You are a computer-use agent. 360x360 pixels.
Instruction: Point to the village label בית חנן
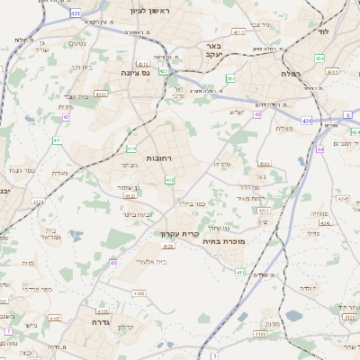pyautogui.click(x=81, y=67)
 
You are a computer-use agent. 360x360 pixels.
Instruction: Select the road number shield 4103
pyautogui.click(x=139, y=293)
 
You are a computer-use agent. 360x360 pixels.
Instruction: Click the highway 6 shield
pyautogui.click(x=347, y=116)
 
